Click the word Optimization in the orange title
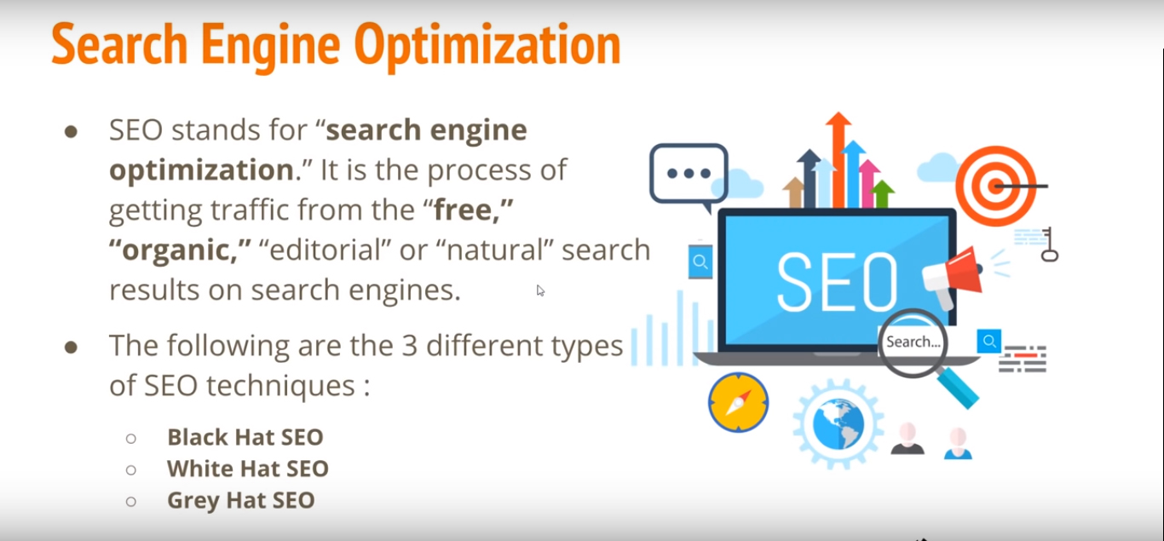(x=487, y=47)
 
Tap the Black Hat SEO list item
(x=245, y=437)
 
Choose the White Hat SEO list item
(x=248, y=469)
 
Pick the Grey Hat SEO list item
(x=241, y=501)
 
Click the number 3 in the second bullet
(x=410, y=346)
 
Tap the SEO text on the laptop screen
(x=837, y=282)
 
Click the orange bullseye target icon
(x=996, y=186)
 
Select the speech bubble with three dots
(x=689, y=176)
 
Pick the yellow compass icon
(x=739, y=402)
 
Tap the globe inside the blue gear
(x=838, y=424)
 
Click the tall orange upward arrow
(x=838, y=159)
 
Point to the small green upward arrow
(x=882, y=193)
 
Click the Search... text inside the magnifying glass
(x=913, y=342)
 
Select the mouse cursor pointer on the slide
(x=540, y=291)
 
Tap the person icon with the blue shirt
(x=958, y=443)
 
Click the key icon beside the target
(x=1049, y=245)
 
